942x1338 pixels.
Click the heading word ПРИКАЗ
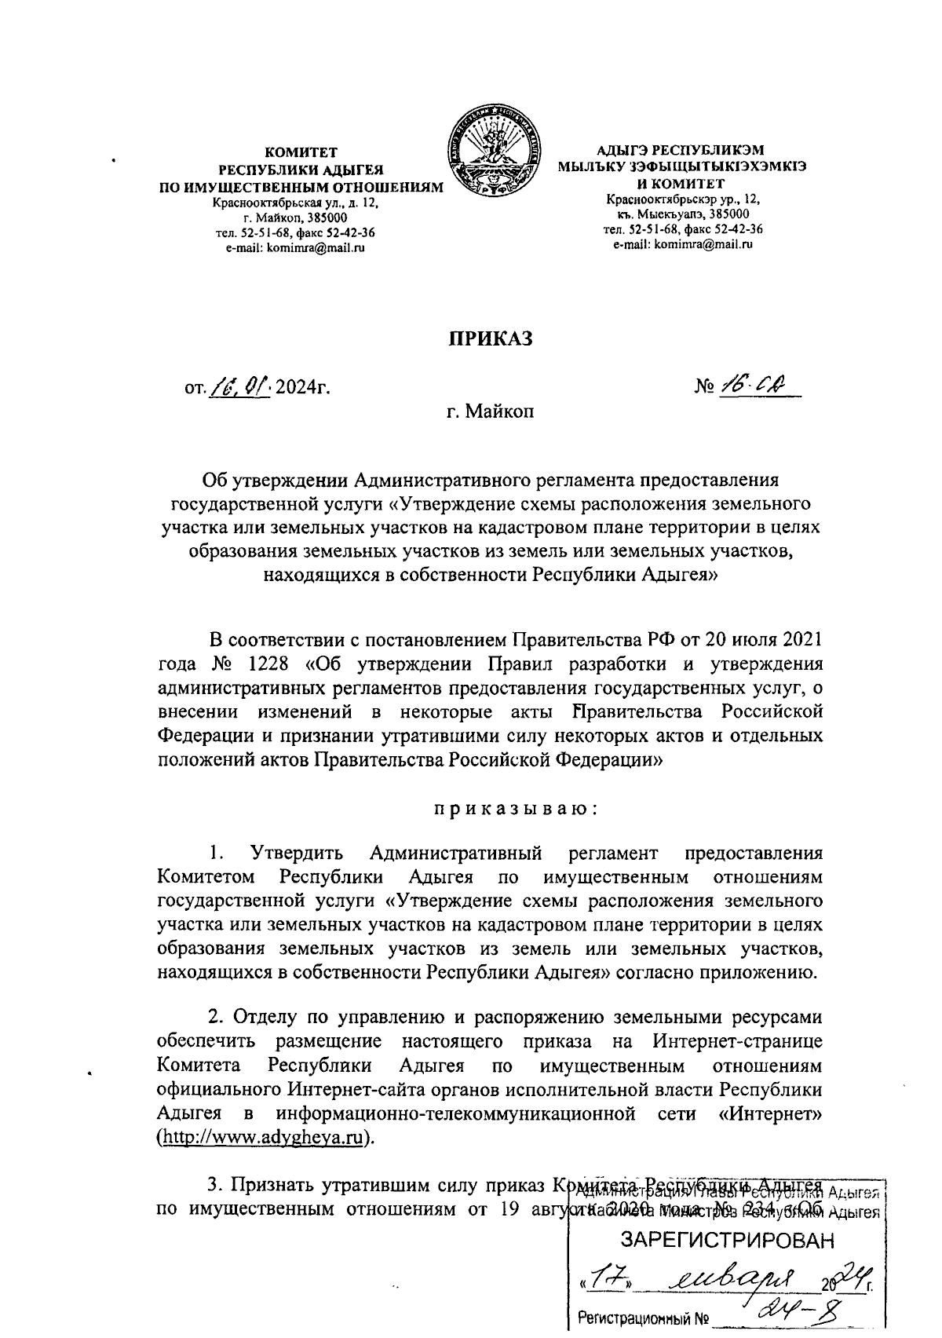[491, 338]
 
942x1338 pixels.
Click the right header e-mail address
[683, 244]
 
